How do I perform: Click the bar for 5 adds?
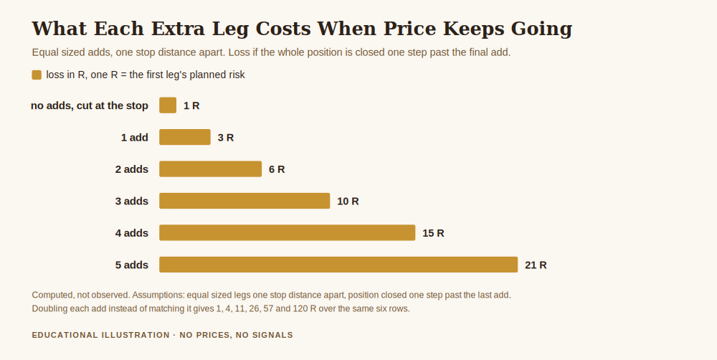(x=338, y=265)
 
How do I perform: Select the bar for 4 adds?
(x=288, y=232)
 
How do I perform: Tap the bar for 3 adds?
(x=244, y=201)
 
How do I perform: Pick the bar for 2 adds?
(x=210, y=169)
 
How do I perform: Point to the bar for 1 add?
(x=185, y=137)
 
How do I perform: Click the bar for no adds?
(x=168, y=105)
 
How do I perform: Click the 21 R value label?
(x=536, y=265)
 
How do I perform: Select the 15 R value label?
(x=434, y=233)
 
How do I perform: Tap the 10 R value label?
(x=348, y=202)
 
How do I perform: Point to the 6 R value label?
(x=277, y=170)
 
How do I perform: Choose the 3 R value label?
(x=226, y=138)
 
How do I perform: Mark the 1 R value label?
(x=191, y=105)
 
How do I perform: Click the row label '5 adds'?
(x=132, y=265)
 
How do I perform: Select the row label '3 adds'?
(x=132, y=202)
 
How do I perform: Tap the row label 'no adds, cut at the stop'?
(x=90, y=105)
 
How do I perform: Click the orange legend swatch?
(x=37, y=75)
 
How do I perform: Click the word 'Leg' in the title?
(x=230, y=29)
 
